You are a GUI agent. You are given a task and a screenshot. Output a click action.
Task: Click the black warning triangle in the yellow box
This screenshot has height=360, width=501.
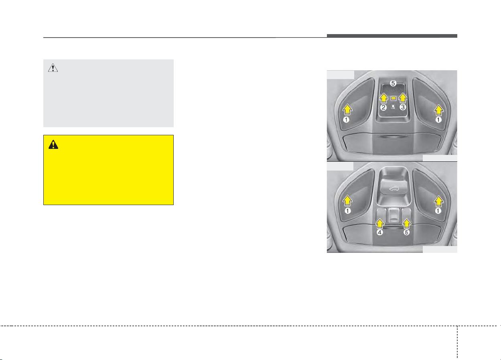53,144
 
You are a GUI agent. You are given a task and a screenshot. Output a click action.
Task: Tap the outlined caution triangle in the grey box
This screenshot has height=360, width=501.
53,68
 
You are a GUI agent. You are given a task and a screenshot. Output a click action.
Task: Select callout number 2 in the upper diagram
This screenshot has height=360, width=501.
383,108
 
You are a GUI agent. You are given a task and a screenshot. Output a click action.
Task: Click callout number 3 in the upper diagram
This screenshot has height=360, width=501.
403,107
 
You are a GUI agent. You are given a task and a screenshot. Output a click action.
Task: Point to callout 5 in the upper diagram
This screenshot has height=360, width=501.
393,83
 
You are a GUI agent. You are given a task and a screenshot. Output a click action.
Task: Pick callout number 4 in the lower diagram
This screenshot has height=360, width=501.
379,232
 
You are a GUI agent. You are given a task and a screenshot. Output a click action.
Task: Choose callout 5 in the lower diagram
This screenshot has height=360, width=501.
406,232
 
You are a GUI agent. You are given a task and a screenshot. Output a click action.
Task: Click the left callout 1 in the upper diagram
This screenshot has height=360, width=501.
346,120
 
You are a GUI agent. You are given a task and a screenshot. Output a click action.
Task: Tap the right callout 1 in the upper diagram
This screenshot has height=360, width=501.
438,120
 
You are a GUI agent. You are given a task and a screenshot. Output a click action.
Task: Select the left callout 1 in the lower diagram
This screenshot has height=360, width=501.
347,211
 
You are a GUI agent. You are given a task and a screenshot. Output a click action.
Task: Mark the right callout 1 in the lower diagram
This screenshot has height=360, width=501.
438,211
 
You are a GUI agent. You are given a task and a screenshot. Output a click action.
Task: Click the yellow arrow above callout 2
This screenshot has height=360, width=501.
384,98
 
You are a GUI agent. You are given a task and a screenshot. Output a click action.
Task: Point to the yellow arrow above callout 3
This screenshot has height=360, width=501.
403,98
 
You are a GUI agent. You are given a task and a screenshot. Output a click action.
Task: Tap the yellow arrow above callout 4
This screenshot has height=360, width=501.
380,224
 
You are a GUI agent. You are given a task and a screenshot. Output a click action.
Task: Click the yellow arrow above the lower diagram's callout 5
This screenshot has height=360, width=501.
407,224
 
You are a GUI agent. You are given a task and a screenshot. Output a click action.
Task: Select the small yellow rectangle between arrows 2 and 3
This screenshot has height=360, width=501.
393,98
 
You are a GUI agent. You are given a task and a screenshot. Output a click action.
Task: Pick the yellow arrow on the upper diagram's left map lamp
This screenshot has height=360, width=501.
347,110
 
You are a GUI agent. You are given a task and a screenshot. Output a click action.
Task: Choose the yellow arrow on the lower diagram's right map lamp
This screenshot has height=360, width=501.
438,201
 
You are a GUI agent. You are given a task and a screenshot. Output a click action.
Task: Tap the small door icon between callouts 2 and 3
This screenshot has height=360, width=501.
393,107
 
